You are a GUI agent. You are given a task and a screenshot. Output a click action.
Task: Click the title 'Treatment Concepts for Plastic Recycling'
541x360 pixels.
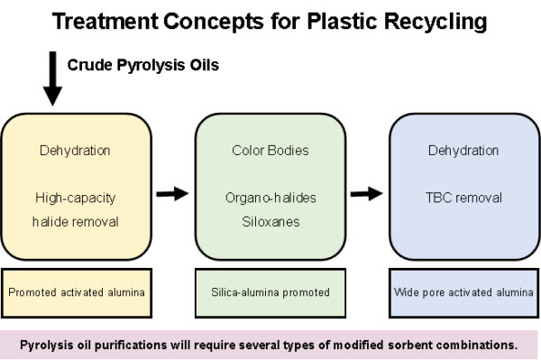(270, 21)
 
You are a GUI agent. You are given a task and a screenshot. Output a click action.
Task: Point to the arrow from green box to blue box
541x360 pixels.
(366, 192)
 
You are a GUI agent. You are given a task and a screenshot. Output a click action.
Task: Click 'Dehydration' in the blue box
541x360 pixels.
(463, 151)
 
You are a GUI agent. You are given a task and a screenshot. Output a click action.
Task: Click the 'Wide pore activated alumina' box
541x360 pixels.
(463, 293)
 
